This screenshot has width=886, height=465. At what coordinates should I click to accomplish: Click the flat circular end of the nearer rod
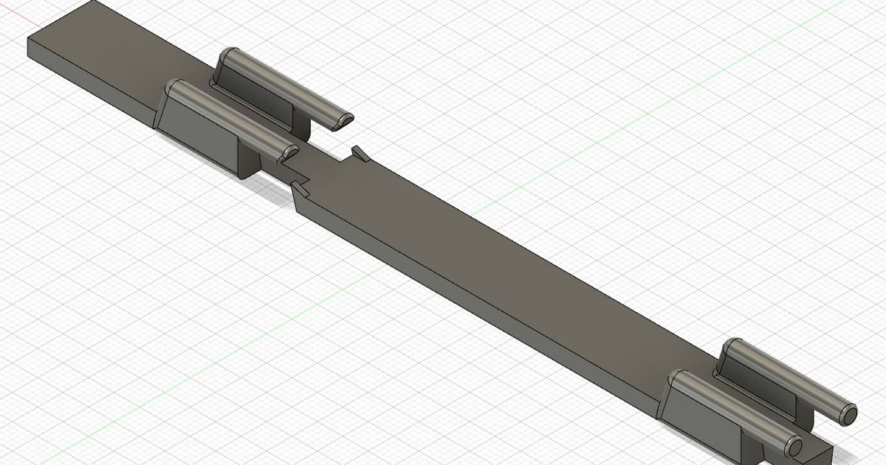[x=794, y=447]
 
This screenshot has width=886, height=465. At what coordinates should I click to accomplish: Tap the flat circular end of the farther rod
[x=848, y=413]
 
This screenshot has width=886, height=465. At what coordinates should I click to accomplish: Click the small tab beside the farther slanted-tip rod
[x=359, y=152]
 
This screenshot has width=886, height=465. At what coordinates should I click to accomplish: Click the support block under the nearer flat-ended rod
[x=701, y=417]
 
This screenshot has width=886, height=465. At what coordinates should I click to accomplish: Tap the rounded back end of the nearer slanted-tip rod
[x=176, y=89]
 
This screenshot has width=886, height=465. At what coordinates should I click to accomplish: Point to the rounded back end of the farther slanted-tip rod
[x=230, y=55]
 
